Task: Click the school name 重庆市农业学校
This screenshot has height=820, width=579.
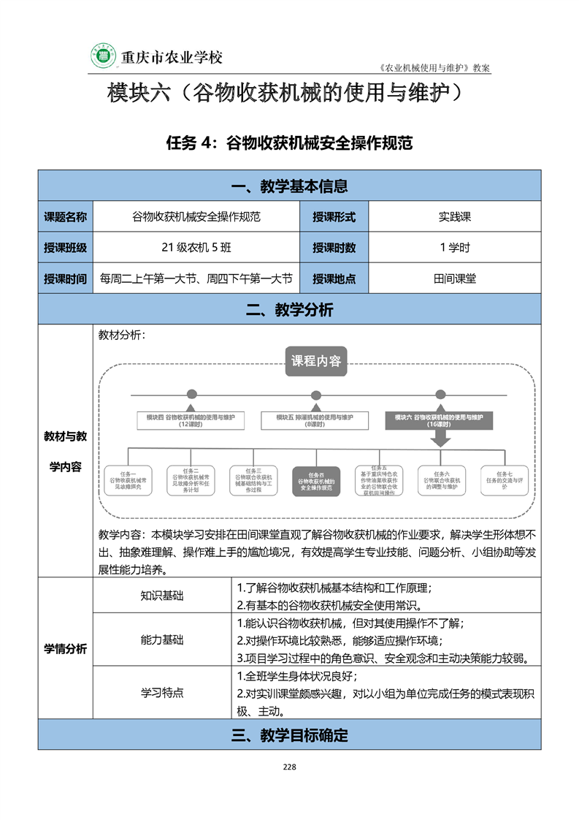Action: [x=171, y=57]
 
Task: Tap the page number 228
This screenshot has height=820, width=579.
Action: [x=289, y=767]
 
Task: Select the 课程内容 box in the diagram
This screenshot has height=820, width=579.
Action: [x=315, y=361]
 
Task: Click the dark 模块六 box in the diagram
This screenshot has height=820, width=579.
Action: [x=440, y=420]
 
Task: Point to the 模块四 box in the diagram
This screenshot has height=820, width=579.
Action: [x=191, y=420]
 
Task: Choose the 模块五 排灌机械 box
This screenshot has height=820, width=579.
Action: [x=315, y=420]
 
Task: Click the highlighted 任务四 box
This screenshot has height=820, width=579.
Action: [x=315, y=481]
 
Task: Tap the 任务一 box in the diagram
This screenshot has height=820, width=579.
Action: [x=129, y=481]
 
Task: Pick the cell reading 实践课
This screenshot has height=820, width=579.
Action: [x=455, y=217]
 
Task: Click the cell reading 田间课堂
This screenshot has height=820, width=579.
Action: [x=455, y=278]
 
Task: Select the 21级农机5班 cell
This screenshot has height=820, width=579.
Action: [x=196, y=248]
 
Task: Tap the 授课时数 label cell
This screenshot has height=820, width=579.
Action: [x=334, y=248]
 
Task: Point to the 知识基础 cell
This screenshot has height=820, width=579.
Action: [x=162, y=595]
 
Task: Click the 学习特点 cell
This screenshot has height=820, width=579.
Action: [x=162, y=692]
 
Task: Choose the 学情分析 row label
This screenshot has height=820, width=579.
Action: [x=65, y=649]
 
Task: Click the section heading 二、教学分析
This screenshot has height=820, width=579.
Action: [x=289, y=310]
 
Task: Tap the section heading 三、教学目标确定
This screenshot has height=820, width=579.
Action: [x=289, y=735]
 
